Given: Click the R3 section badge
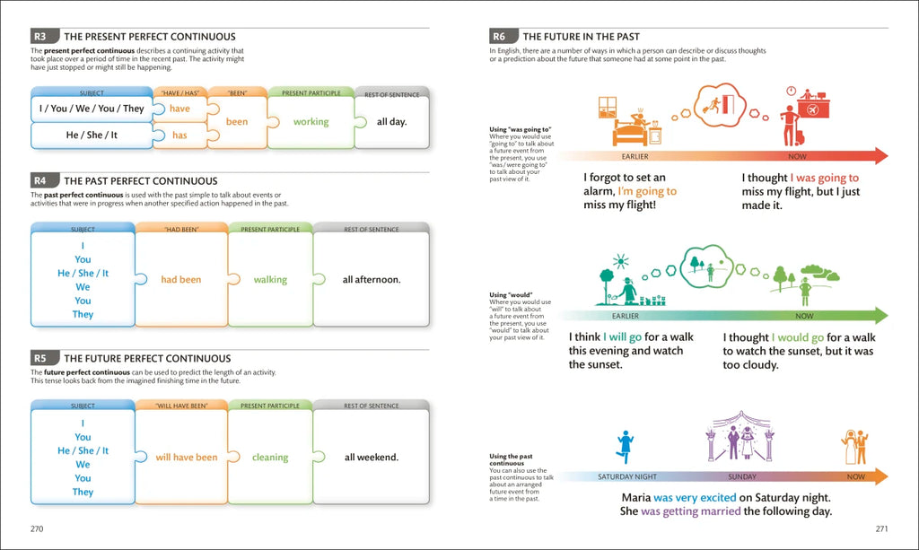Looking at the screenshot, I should click(41, 37).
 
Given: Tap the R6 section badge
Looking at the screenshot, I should click(500, 37).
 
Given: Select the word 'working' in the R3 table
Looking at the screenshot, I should click(311, 122).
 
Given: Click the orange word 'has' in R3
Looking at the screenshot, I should click(179, 135).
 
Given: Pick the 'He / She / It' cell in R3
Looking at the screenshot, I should click(92, 135).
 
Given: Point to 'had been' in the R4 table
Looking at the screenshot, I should click(180, 280).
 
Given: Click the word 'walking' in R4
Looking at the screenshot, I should click(270, 280).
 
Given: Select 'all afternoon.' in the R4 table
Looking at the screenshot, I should click(372, 280).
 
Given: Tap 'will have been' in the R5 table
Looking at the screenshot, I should click(187, 458).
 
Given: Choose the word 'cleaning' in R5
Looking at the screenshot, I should click(270, 458).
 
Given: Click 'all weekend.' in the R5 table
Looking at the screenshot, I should click(372, 458).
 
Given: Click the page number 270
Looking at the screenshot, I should click(37, 528).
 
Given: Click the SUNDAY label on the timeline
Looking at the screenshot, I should click(741, 477).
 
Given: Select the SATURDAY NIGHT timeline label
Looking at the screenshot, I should click(627, 477).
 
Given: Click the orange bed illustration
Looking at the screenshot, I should click(635, 129).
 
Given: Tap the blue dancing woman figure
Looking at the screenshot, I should click(625, 446).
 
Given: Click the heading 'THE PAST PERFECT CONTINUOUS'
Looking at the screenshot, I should click(141, 181).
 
